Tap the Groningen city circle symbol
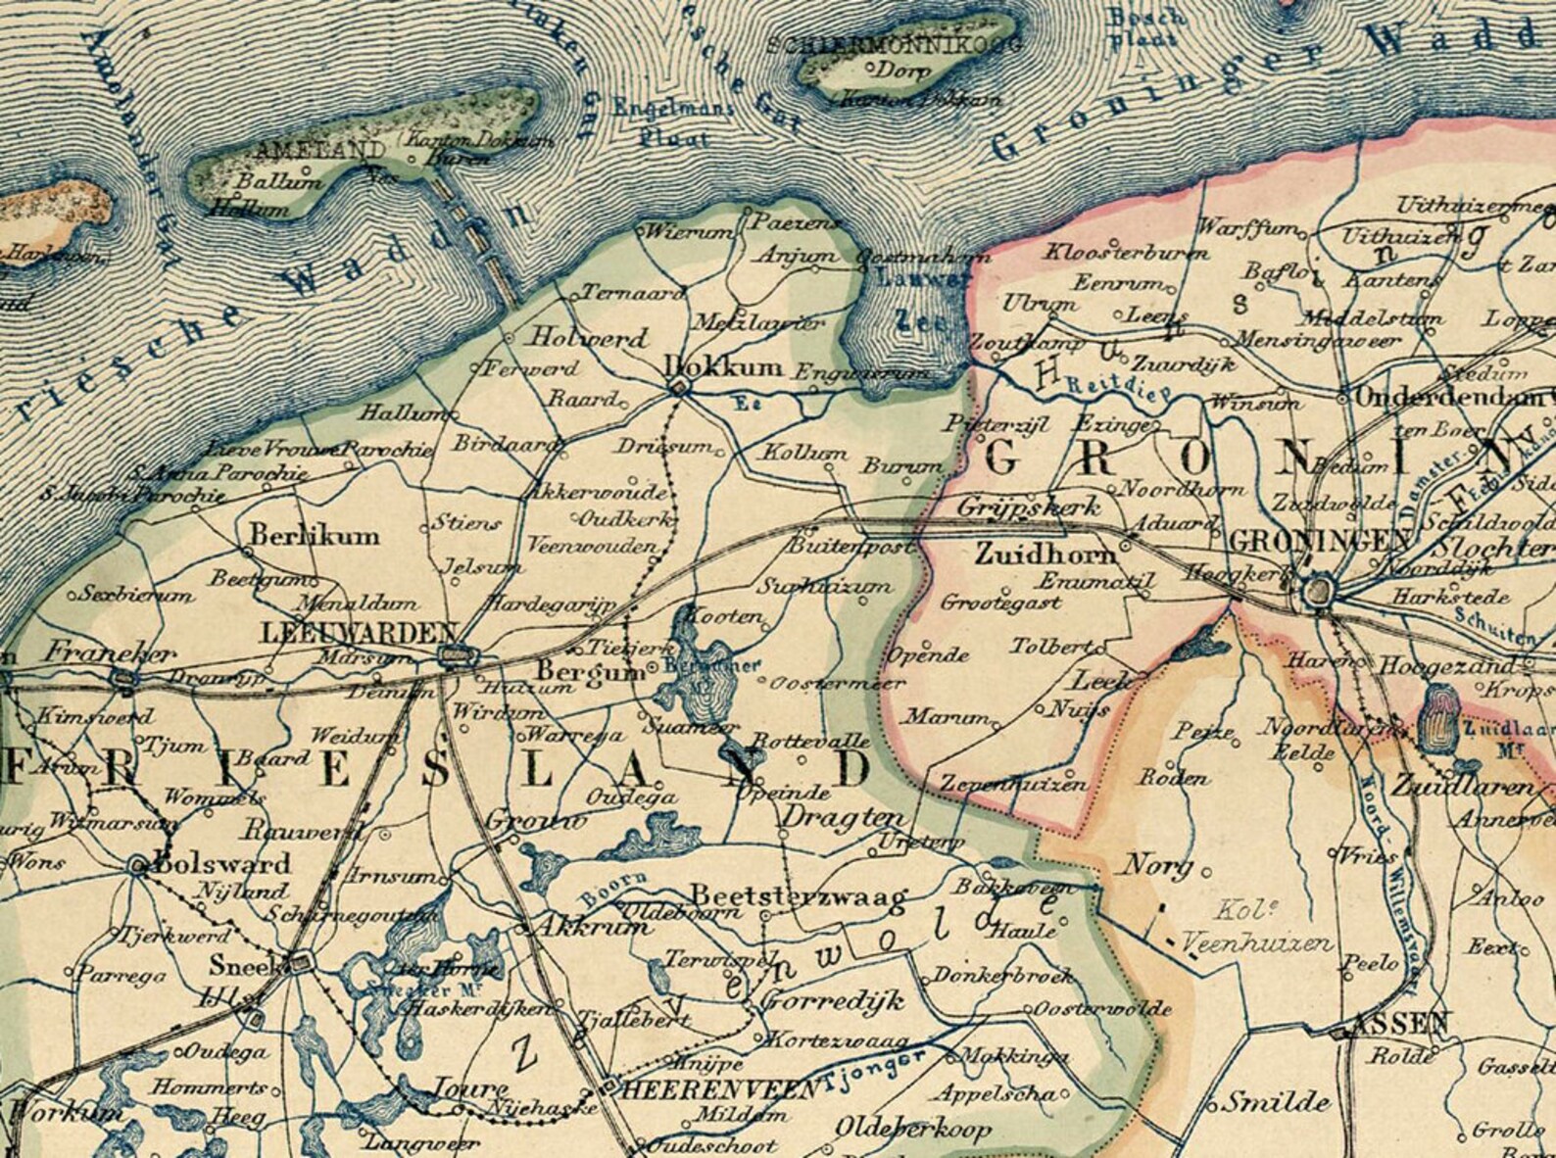click(x=1320, y=591)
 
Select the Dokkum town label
click(x=724, y=367)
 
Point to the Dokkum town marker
click(x=677, y=390)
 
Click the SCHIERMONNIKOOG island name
click(x=895, y=45)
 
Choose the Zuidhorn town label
click(x=1045, y=554)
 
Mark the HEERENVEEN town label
click(x=720, y=1089)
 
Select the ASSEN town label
click(x=1399, y=1024)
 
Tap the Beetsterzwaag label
click(x=799, y=895)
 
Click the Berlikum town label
click(x=315, y=537)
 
